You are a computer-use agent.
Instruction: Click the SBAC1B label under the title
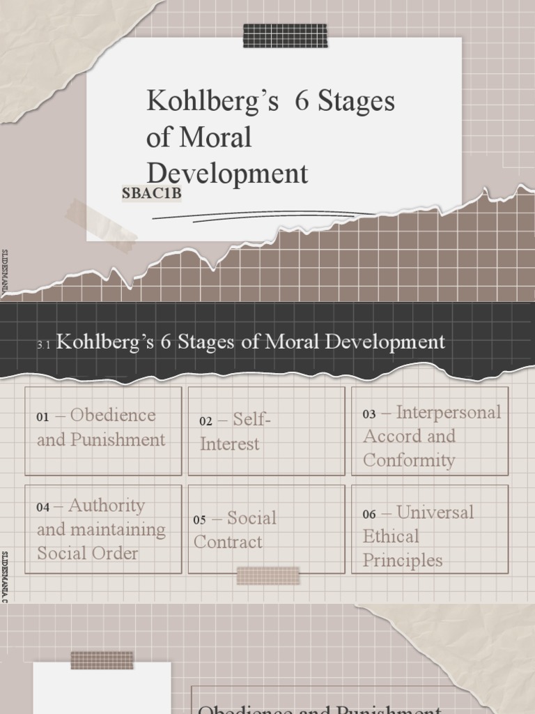point(151,195)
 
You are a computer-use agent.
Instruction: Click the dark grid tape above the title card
point(285,36)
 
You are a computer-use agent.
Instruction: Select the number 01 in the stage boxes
point(43,418)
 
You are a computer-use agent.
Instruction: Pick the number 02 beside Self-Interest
point(206,421)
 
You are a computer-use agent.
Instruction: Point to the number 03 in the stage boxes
point(369,414)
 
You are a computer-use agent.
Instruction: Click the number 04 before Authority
point(43,508)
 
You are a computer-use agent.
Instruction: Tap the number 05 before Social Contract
point(200,520)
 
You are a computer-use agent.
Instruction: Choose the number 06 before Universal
point(369,515)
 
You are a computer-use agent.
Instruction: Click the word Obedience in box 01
point(113,416)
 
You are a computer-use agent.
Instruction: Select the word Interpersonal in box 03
point(449,412)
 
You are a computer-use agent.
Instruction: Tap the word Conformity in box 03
point(409,460)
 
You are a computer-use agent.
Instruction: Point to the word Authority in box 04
point(107,506)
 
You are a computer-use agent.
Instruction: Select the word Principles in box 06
point(403,561)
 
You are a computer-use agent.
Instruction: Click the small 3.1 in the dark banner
point(45,344)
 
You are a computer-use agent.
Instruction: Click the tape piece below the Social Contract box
point(268,576)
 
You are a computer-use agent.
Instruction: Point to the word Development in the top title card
point(227,174)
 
